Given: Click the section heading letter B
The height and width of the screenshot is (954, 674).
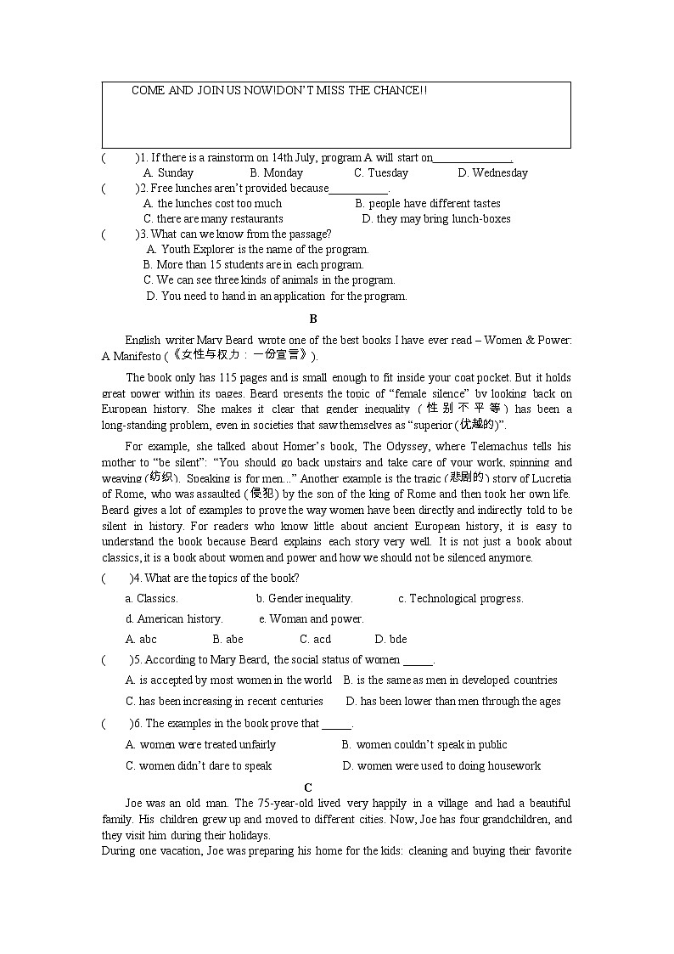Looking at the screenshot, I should click(x=313, y=319).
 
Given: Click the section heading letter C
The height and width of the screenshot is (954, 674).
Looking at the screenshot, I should click(x=308, y=787).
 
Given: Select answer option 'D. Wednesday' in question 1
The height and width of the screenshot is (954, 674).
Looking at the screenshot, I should click(x=492, y=172).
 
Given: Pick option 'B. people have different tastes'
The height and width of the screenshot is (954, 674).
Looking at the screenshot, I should click(x=428, y=203).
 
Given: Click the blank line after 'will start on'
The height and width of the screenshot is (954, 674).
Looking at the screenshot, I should click(x=472, y=158).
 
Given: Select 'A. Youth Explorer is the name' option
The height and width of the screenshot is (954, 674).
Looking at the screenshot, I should click(x=258, y=249).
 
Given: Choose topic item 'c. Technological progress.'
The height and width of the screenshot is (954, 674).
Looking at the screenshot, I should click(x=460, y=598).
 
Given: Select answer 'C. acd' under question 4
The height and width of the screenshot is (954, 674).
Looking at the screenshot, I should click(x=315, y=639).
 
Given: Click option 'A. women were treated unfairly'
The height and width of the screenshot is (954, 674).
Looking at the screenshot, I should click(x=200, y=744).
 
